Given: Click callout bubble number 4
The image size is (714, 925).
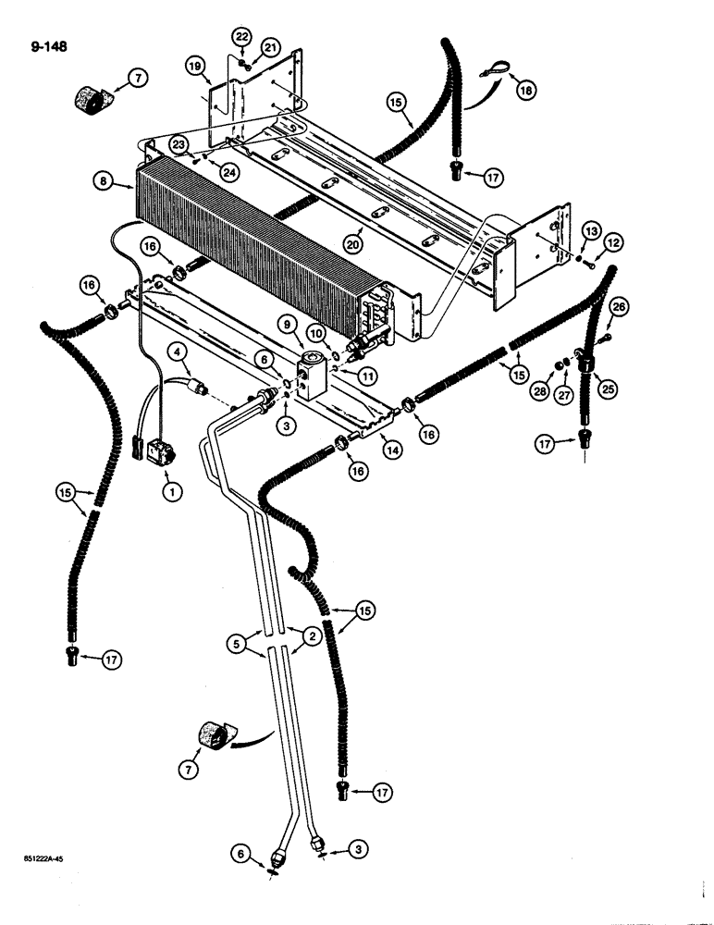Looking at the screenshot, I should point(174,351).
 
